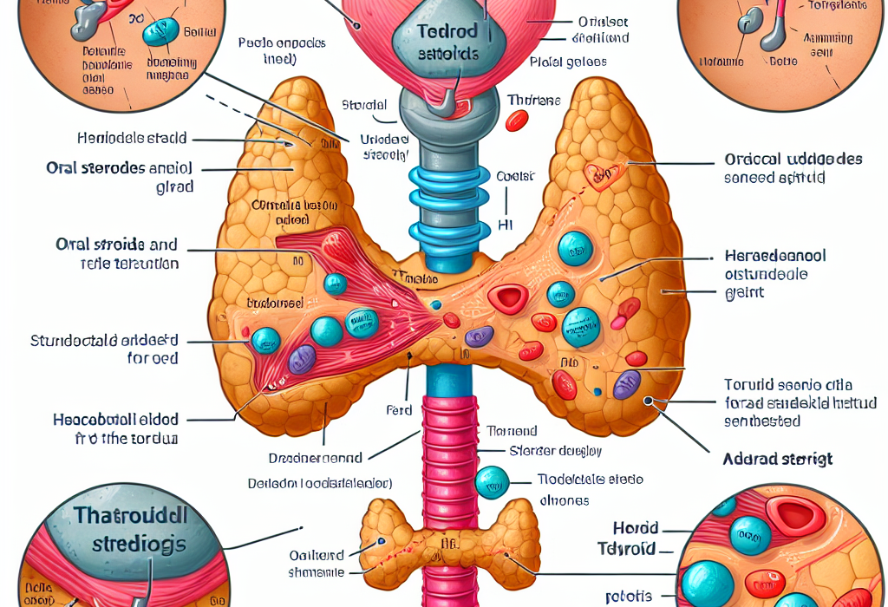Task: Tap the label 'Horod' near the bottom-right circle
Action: (637, 528)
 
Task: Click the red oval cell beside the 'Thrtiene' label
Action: (515, 120)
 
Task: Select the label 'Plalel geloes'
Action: (567, 62)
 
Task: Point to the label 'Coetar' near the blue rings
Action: (515, 175)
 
